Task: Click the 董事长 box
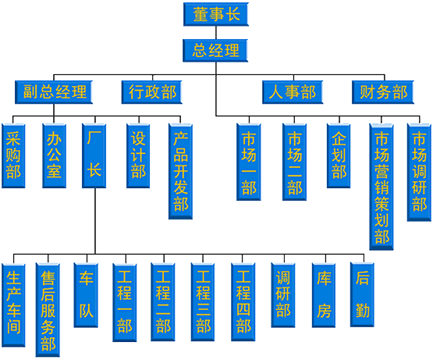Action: [216, 14]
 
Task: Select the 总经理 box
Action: [215, 50]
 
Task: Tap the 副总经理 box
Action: [54, 92]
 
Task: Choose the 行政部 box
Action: [152, 92]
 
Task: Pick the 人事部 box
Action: [293, 92]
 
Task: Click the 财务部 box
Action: [383, 92]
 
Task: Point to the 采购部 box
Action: [13, 155]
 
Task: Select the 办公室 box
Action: [54, 155]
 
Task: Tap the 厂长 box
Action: [94, 155]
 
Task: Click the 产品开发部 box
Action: [180, 172]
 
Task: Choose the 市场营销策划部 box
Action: [382, 187]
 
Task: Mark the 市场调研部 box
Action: [419, 173]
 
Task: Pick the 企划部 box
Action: [339, 155]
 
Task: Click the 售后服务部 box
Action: [48, 310]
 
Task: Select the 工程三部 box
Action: [203, 302]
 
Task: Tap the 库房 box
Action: [324, 295]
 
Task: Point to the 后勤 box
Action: [362, 294]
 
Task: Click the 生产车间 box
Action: [13, 305]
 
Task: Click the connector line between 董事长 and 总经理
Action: [216, 33]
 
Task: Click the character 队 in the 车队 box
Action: [86, 312]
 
